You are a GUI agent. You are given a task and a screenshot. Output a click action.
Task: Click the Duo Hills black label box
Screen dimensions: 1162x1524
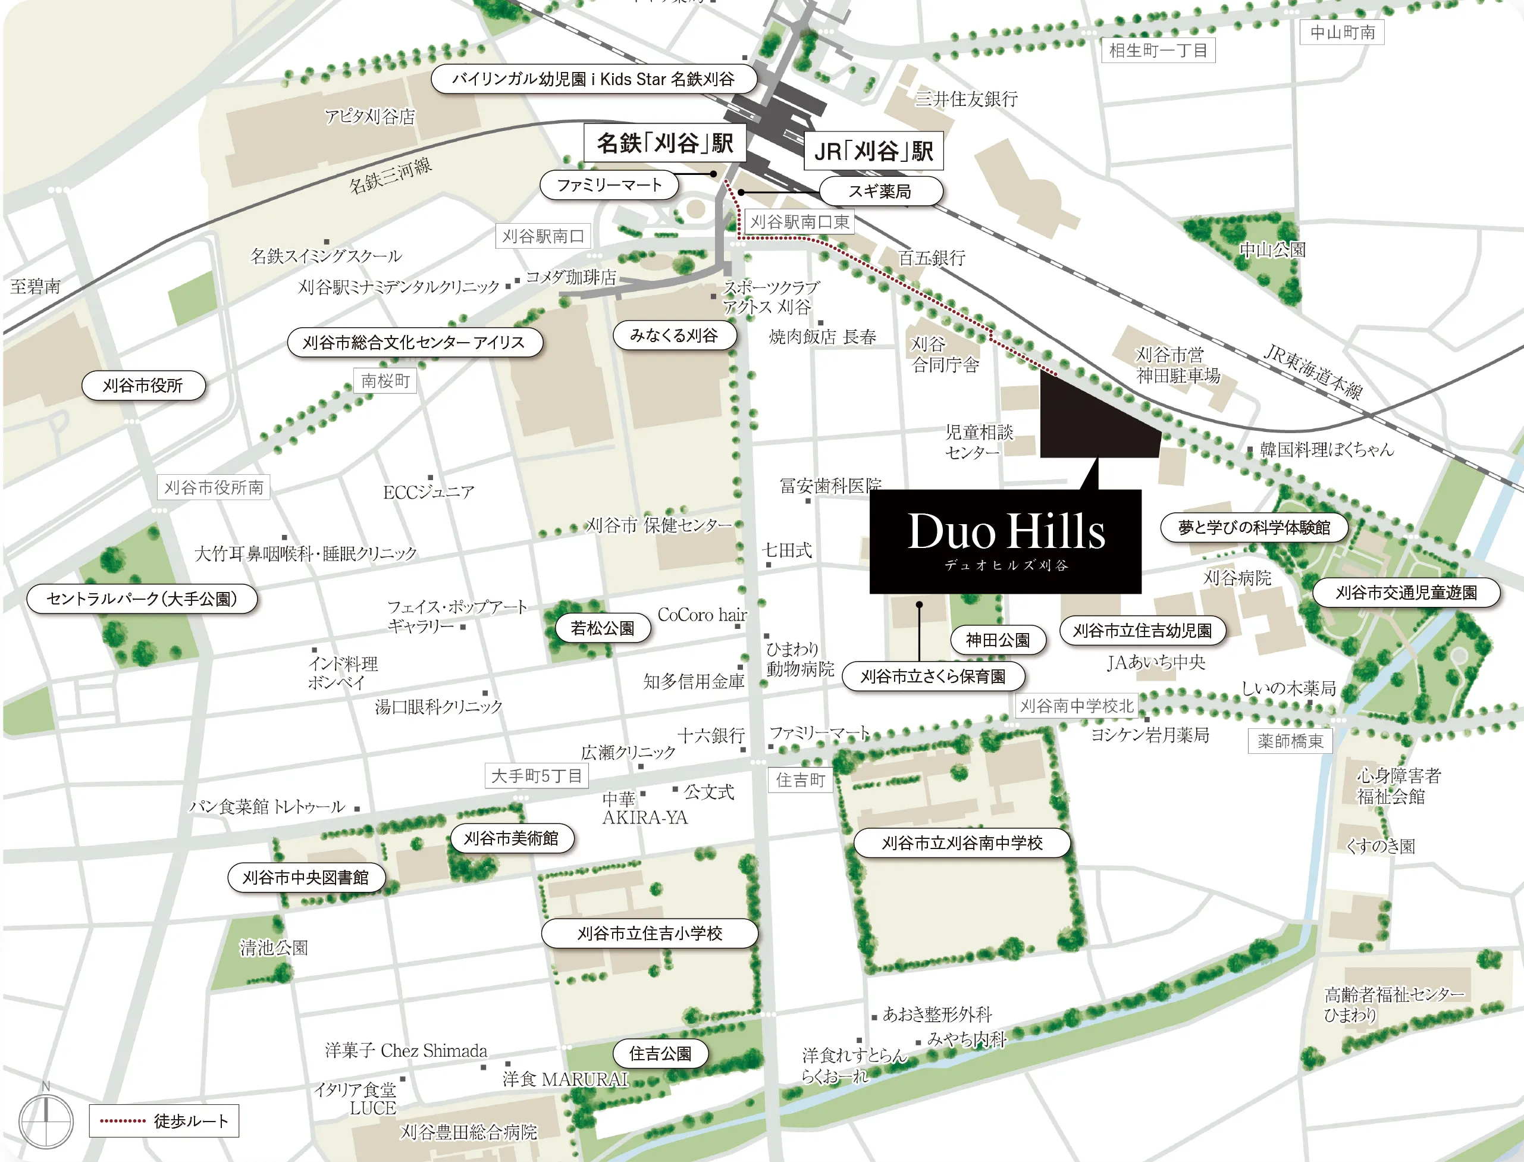click(x=1005, y=541)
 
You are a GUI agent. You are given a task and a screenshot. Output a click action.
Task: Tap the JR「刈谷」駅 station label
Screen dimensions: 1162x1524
click(x=873, y=151)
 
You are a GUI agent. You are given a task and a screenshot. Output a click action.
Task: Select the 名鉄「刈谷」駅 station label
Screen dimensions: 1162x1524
click(x=664, y=143)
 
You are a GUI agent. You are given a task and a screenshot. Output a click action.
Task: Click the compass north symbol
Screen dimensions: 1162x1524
click(x=46, y=1120)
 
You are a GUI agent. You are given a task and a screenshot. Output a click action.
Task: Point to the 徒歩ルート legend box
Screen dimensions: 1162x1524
click(x=164, y=1120)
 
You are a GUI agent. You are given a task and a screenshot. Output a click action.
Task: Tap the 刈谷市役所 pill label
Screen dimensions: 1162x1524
click(x=143, y=386)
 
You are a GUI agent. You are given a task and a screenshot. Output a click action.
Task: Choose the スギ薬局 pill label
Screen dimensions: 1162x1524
click(x=880, y=191)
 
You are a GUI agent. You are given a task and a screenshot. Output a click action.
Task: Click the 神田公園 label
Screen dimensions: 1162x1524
click(x=997, y=640)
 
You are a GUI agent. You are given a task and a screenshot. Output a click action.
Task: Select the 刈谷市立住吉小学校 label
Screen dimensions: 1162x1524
click(x=650, y=933)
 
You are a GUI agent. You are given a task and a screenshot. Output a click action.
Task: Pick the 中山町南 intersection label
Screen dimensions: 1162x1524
click(x=1342, y=33)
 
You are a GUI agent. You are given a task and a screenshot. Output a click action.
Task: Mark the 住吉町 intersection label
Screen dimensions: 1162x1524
click(x=800, y=779)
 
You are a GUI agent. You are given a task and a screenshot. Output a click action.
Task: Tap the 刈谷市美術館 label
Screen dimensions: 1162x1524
click(x=511, y=838)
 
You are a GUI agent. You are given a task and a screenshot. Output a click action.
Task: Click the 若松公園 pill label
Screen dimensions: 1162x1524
click(x=602, y=627)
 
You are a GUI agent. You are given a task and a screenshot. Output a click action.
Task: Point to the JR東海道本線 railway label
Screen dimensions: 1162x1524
click(x=1312, y=371)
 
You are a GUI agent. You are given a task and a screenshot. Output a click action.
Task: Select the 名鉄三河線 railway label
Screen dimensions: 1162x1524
click(x=390, y=174)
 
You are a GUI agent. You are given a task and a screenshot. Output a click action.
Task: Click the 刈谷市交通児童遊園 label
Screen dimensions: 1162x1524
click(x=1406, y=592)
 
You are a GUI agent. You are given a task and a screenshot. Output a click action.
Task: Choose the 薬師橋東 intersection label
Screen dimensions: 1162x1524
click(x=1290, y=741)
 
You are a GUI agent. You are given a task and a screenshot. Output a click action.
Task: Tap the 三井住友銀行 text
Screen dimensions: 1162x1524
click(x=966, y=99)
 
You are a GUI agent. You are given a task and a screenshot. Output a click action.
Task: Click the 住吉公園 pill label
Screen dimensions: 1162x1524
click(x=660, y=1053)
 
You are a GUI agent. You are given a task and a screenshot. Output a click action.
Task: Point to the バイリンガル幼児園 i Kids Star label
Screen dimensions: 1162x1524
click(x=592, y=79)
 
